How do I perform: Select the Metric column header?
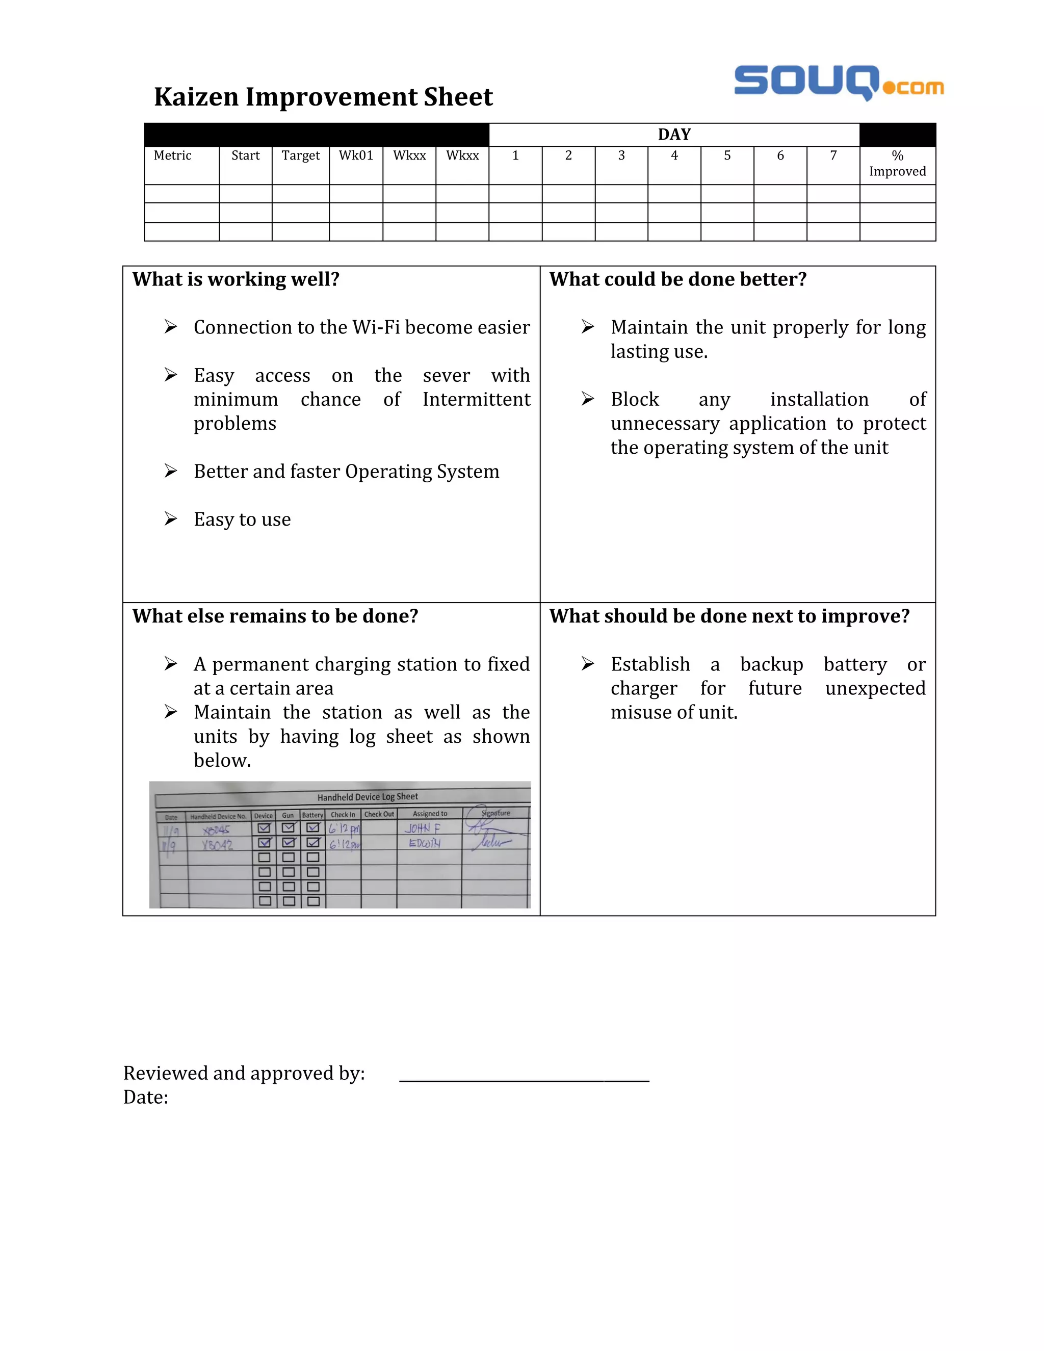click(173, 156)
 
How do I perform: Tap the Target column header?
click(301, 156)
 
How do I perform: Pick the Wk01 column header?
click(356, 156)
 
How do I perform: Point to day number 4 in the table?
click(674, 156)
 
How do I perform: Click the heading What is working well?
click(236, 279)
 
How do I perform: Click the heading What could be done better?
click(678, 279)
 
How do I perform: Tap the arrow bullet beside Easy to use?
click(171, 519)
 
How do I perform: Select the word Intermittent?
click(476, 400)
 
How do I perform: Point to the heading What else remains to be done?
click(275, 616)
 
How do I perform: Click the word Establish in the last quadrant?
click(650, 664)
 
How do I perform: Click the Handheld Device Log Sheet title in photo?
click(368, 797)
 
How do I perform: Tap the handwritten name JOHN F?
click(423, 828)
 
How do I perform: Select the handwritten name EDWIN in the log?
click(424, 843)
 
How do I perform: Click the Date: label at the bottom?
click(145, 1098)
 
